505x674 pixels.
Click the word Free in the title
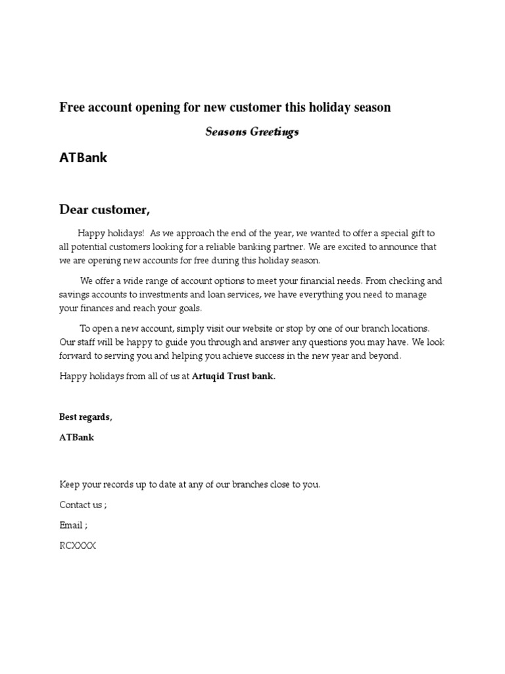click(72, 107)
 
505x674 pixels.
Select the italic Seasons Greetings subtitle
click(252, 132)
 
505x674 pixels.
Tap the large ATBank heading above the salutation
click(84, 158)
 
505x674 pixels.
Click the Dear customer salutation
click(105, 209)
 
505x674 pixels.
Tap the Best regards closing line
click(86, 417)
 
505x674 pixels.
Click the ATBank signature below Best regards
click(76, 437)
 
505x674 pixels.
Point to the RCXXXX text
click(78, 546)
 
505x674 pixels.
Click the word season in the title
click(373, 107)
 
